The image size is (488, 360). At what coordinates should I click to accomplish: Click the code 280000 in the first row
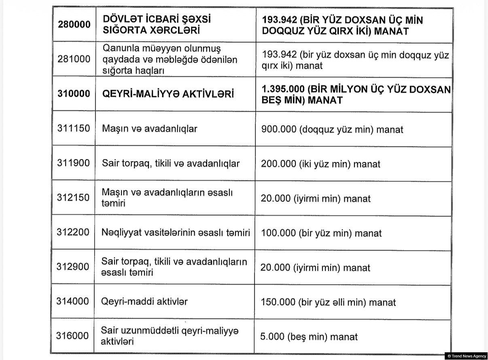(x=74, y=24)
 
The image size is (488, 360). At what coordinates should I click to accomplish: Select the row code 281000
(x=74, y=59)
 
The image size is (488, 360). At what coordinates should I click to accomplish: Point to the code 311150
(x=74, y=129)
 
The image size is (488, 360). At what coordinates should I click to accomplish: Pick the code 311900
(x=74, y=164)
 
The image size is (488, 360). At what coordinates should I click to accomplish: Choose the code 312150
(x=74, y=198)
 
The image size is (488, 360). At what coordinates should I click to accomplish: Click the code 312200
(x=74, y=233)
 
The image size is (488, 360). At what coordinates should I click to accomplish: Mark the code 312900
(x=74, y=267)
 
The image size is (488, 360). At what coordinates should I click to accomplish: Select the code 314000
(x=74, y=302)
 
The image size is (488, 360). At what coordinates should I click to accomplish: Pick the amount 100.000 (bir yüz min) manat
(x=321, y=233)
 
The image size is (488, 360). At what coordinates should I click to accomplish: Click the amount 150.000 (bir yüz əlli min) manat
(x=329, y=302)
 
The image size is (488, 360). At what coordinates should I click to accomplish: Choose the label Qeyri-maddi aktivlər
(x=144, y=302)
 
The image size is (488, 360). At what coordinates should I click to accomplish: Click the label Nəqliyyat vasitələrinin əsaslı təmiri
(x=176, y=233)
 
